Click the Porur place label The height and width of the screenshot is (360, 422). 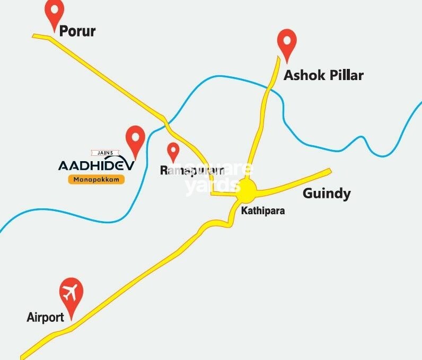(77, 31)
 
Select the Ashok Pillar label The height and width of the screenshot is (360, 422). (323, 75)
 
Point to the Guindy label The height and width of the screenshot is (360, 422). (327, 193)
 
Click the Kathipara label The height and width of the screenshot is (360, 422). (263, 210)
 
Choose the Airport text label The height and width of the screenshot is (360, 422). (46, 318)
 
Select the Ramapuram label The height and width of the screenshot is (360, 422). (191, 170)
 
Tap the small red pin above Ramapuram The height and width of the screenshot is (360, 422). (173, 152)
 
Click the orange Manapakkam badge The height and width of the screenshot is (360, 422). (96, 179)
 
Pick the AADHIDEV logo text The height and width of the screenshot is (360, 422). (96, 165)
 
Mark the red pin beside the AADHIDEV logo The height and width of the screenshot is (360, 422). (136, 141)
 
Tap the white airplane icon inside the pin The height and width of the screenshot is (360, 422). (71, 291)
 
